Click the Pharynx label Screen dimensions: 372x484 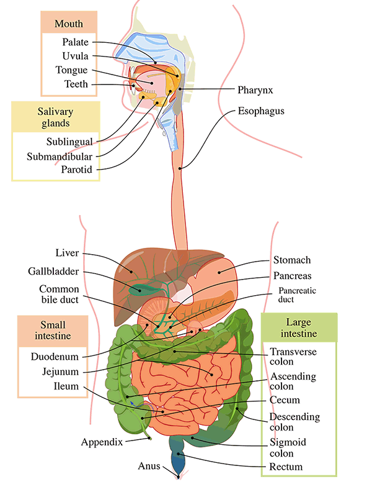click(x=255, y=90)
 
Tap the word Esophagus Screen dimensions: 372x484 click(x=261, y=111)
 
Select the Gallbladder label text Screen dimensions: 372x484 click(x=53, y=272)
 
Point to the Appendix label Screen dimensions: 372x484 click(x=102, y=442)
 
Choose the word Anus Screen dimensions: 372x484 click(x=149, y=466)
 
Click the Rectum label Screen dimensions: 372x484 click(x=286, y=467)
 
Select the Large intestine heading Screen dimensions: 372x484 click(x=299, y=327)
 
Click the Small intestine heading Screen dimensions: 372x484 click(x=53, y=331)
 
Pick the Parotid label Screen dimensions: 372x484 click(x=76, y=170)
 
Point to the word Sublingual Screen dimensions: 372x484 click(x=69, y=142)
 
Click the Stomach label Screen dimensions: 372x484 click(x=292, y=260)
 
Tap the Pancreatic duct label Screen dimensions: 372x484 click(x=297, y=295)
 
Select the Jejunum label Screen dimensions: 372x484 click(x=60, y=372)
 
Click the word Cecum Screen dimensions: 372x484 click(x=285, y=400)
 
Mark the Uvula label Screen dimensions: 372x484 click(x=75, y=56)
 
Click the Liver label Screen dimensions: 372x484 click(x=67, y=253)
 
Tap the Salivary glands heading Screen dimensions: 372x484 click(x=55, y=117)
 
